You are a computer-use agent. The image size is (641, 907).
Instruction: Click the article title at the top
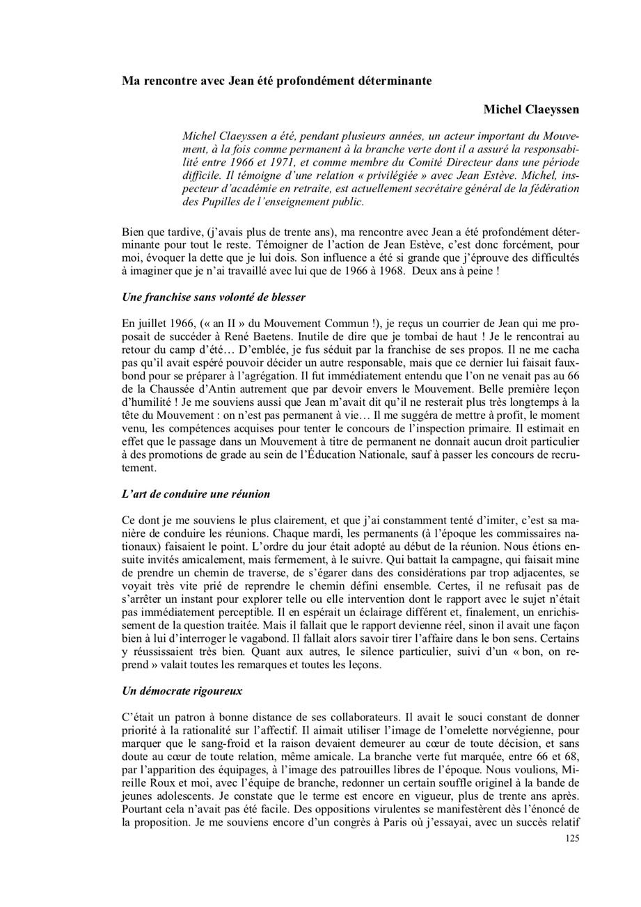click(x=276, y=81)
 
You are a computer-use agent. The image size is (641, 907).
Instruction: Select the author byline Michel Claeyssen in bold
click(x=531, y=110)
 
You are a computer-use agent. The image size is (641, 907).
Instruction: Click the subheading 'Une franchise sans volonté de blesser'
click(x=213, y=297)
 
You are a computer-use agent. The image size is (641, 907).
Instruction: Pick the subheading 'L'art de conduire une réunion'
click(x=196, y=494)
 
